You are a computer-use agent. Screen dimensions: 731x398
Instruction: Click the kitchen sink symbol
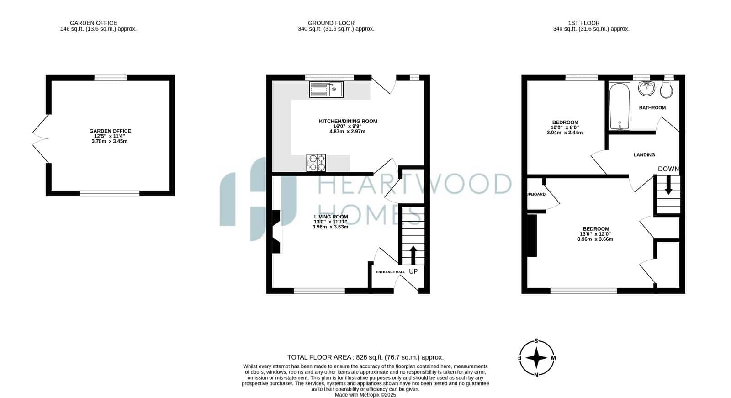[x=326, y=90]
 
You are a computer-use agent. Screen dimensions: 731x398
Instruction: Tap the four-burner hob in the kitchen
[x=316, y=163]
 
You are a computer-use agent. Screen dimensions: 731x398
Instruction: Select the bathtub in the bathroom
[x=620, y=106]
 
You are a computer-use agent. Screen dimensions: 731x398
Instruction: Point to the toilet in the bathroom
[x=666, y=90]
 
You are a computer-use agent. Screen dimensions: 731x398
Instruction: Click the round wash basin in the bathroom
[x=646, y=89]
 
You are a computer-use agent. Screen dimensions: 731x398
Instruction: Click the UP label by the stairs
[x=413, y=271]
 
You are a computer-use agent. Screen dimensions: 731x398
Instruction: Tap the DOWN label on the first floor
[x=668, y=169]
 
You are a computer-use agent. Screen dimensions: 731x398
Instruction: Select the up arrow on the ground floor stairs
[x=413, y=255]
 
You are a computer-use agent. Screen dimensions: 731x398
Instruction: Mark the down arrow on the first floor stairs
[x=668, y=185]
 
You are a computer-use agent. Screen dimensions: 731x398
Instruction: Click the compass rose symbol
[x=537, y=358]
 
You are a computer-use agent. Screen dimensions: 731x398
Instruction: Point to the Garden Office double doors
[x=41, y=139]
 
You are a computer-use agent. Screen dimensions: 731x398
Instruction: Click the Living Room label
[x=331, y=217]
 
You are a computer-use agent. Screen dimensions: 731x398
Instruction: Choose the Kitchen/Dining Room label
[x=348, y=121]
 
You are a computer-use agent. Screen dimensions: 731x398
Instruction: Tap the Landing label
[x=644, y=155]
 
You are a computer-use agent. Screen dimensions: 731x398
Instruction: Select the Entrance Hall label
[x=390, y=272]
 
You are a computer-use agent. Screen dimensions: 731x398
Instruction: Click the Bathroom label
[x=652, y=108]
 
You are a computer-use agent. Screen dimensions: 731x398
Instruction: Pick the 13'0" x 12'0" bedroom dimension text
[x=595, y=234]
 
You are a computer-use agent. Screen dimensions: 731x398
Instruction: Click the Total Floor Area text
[x=365, y=357]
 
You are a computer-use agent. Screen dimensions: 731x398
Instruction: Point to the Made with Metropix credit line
[x=365, y=395]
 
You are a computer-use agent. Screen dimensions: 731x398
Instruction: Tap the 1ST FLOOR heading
[x=584, y=23]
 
